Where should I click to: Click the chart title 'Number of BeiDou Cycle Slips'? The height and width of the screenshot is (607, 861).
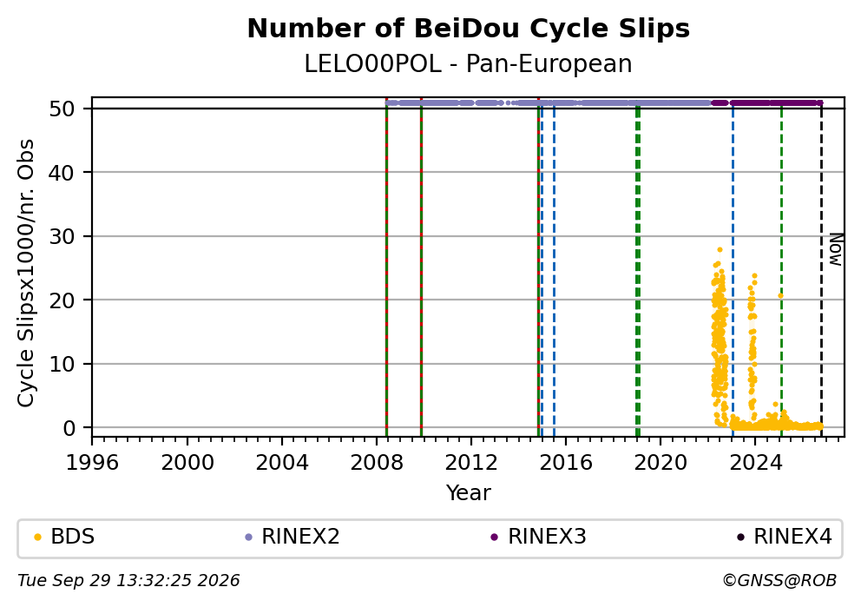coord(469,29)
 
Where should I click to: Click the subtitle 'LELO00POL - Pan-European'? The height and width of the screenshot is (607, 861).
coord(469,63)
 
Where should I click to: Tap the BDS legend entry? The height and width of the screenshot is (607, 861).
coord(64,536)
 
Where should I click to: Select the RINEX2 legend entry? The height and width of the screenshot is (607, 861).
coord(292,536)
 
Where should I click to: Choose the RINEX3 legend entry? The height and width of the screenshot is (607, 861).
coord(539,536)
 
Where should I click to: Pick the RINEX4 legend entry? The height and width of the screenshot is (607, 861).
coord(785,536)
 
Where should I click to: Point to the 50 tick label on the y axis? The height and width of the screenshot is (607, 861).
coord(62,109)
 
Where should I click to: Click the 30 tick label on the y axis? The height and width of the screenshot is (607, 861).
coord(62,236)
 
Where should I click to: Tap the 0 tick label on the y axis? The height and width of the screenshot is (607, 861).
coord(69,427)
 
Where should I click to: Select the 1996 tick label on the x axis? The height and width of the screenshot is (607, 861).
coord(92,463)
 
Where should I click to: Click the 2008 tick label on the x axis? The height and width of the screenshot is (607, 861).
coord(376,463)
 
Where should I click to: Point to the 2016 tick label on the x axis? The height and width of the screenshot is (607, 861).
coord(566,463)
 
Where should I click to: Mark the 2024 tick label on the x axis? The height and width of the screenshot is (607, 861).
coord(754,463)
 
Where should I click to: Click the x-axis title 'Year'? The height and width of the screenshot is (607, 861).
coord(469,492)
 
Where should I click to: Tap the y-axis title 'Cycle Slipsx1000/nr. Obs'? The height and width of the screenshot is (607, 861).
coord(25,273)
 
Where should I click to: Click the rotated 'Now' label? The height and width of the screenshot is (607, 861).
coord(835,250)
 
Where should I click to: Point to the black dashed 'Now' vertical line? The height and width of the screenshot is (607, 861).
coord(821,267)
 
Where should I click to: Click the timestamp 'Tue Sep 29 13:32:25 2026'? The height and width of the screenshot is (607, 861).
coord(128,581)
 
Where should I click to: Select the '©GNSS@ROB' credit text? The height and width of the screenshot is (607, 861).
coord(779,581)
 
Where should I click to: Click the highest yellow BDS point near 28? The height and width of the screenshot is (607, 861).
coord(720,249)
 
